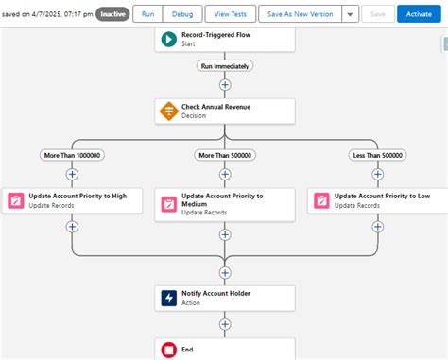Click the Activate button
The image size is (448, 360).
(419, 14)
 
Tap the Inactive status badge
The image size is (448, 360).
(112, 14)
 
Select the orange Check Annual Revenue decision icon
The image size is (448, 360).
(167, 111)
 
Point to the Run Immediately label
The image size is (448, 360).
(224, 65)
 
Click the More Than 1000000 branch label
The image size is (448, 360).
(72, 155)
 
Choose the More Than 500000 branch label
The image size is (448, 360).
(225, 155)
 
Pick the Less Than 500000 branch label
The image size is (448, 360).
(378, 155)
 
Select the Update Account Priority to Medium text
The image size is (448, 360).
(222, 200)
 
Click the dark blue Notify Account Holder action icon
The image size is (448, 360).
(167, 299)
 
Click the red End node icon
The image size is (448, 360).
(167, 350)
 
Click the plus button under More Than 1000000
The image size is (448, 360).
(72, 174)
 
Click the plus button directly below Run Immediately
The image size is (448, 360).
(225, 84)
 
